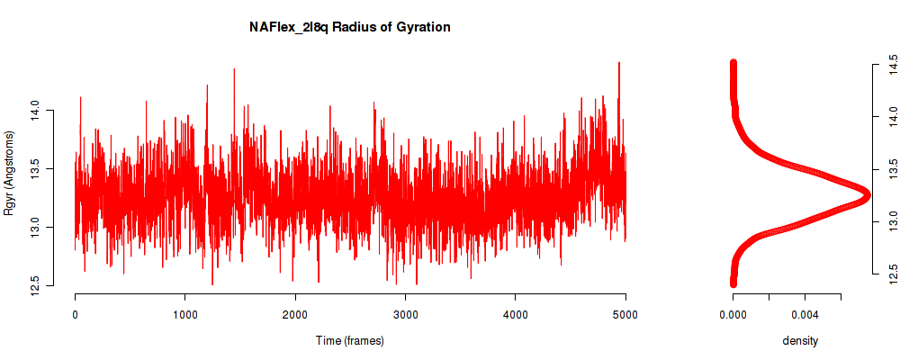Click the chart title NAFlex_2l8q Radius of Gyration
tap(349, 28)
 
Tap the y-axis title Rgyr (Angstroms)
tap(9, 173)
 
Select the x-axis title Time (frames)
tap(350, 340)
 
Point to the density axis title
tap(800, 340)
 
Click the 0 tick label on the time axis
tap(76, 315)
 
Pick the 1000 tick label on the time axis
tap(184, 315)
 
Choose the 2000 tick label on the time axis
tap(295, 315)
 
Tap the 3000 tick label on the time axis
tap(405, 315)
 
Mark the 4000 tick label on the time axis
tap(516, 315)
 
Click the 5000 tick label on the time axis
tap(625, 315)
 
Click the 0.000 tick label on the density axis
tap(733, 315)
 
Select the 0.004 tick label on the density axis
tap(805, 315)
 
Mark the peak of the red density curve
tap(867, 196)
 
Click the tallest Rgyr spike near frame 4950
tap(619, 63)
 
